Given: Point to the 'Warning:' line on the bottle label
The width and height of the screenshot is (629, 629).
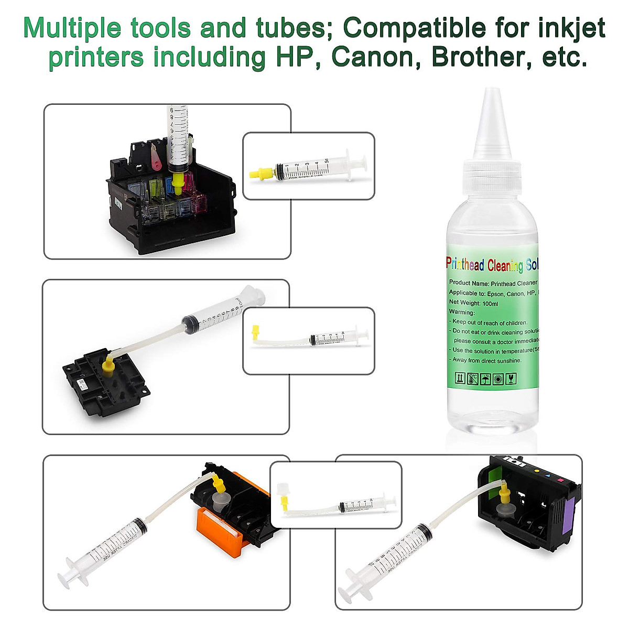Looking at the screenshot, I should [x=461, y=312].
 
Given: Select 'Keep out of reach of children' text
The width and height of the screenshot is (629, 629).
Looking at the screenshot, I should [x=490, y=322].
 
